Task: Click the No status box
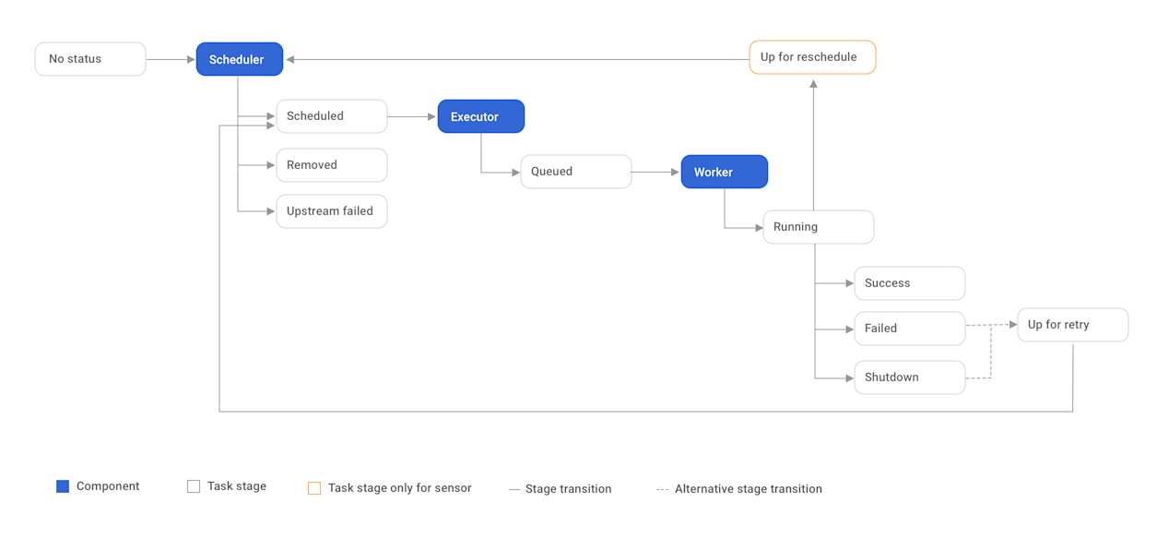point(90,59)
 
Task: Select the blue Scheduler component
point(239,60)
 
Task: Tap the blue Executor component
point(480,117)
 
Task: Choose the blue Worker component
point(724,173)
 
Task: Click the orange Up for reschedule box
point(811,57)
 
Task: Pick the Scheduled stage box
point(331,116)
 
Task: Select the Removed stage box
point(331,165)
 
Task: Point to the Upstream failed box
point(331,211)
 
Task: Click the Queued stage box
point(575,172)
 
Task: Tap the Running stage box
point(818,227)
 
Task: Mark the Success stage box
point(909,283)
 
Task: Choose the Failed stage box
point(909,329)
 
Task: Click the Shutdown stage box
point(909,377)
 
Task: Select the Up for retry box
point(1072,325)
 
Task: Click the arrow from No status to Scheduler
point(171,60)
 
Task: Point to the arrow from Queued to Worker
point(655,173)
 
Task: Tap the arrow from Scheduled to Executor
point(411,117)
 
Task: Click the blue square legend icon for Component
point(63,486)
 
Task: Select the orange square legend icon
point(314,488)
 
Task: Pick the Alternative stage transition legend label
point(748,489)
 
